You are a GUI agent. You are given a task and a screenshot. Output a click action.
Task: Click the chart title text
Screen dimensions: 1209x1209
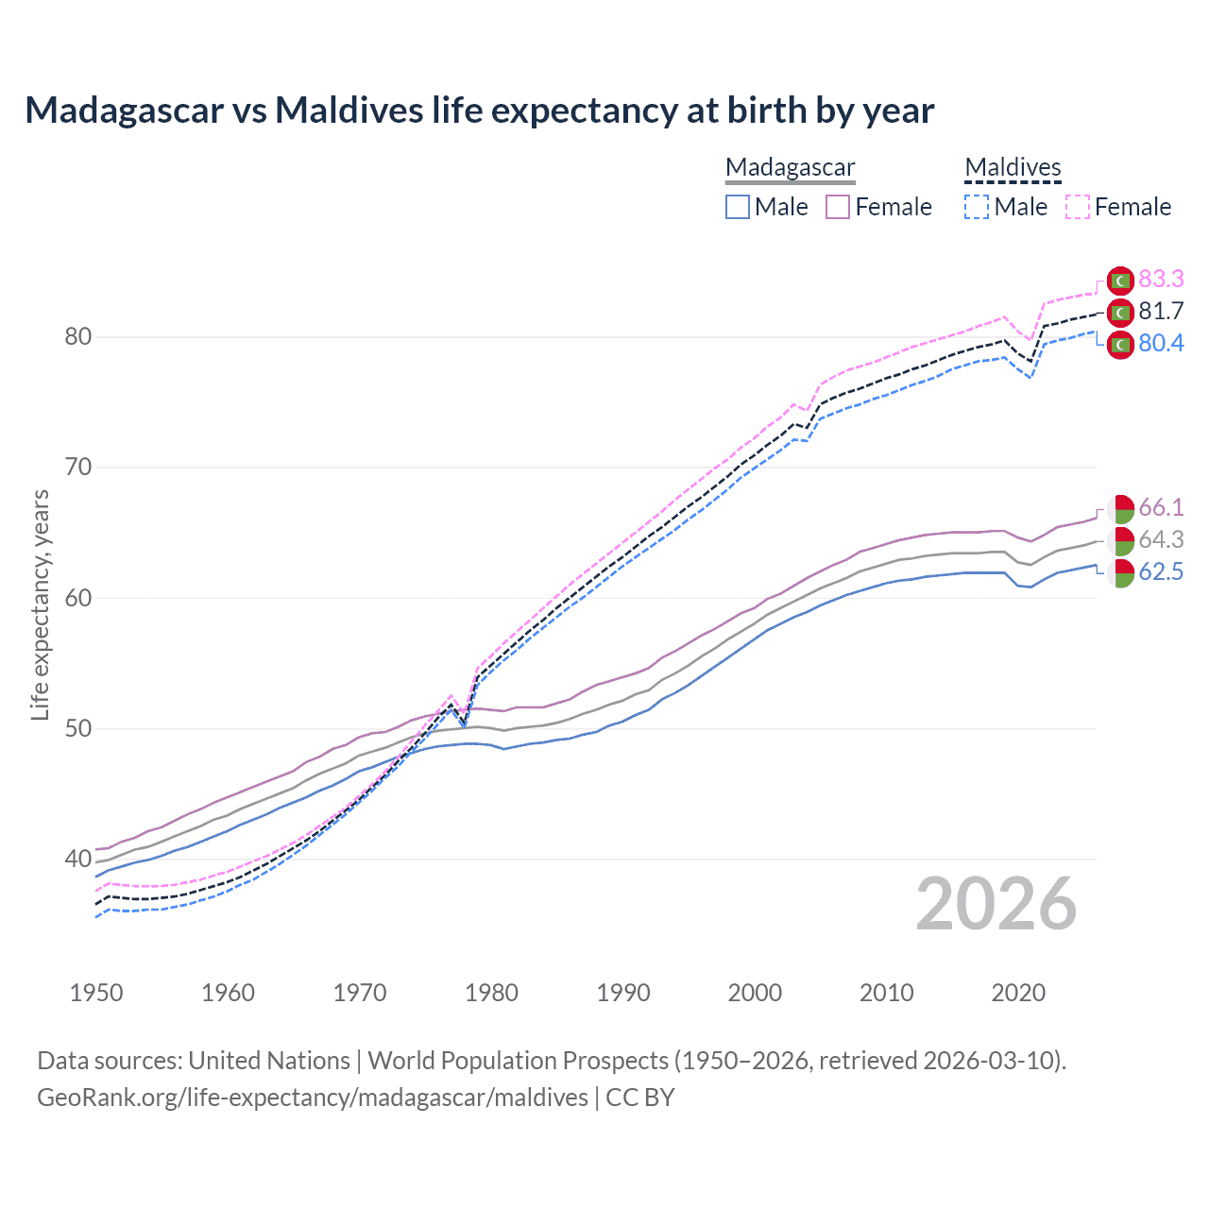tap(479, 111)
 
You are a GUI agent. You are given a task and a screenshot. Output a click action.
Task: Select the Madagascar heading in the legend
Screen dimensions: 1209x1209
tap(790, 167)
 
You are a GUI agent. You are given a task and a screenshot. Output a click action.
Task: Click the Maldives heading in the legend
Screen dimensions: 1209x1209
tap(1013, 167)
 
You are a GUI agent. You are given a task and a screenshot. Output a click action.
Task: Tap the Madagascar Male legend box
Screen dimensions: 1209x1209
tap(738, 207)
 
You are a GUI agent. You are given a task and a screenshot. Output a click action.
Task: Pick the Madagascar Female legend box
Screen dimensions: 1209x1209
tap(838, 207)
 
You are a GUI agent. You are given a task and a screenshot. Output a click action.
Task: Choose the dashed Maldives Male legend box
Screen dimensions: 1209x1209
tap(977, 207)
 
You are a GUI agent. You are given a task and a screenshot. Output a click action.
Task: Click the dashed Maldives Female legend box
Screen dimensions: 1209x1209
tap(1078, 207)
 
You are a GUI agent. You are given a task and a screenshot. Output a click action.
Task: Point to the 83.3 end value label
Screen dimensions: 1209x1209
tap(1161, 279)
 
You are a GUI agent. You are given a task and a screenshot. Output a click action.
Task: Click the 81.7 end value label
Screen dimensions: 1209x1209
tap(1161, 311)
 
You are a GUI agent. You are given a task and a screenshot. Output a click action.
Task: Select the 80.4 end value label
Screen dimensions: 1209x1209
tap(1161, 343)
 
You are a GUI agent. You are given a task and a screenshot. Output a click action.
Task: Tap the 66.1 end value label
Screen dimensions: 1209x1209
tap(1161, 507)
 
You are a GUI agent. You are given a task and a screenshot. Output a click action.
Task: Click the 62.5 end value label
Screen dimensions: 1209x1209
tap(1161, 571)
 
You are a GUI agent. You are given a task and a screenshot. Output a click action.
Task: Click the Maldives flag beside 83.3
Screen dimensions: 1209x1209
tap(1120, 281)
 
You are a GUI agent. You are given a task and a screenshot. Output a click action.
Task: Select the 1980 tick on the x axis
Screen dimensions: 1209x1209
tap(492, 993)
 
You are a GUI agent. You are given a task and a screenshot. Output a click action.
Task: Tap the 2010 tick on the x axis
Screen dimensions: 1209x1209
tap(886, 993)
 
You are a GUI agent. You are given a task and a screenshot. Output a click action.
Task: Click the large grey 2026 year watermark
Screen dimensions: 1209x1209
tap(996, 905)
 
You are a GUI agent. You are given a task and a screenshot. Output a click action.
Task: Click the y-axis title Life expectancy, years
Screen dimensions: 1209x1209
tap(40, 604)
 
